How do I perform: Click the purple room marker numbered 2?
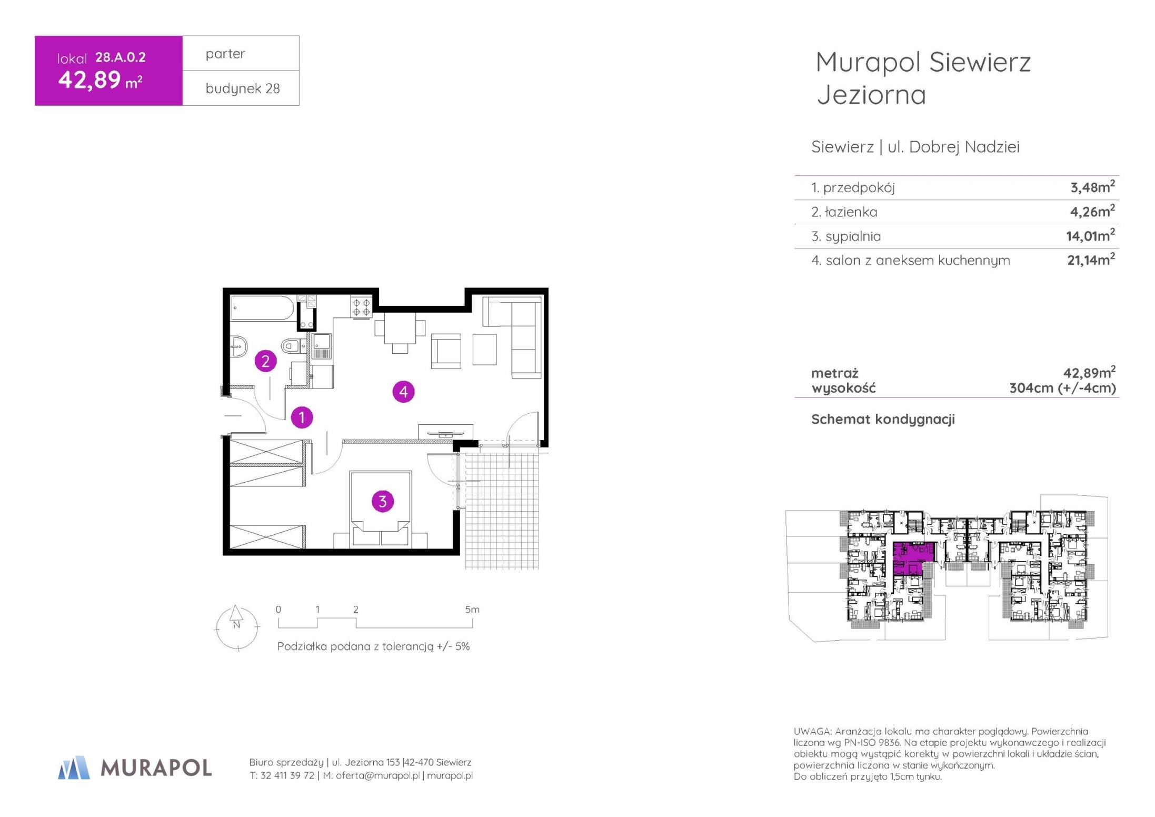pyautogui.click(x=265, y=361)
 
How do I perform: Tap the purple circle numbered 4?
pyautogui.click(x=404, y=391)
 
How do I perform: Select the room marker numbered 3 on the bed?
pyautogui.click(x=383, y=501)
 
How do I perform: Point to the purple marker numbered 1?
pyautogui.click(x=302, y=417)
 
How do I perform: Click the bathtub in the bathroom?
pyautogui.click(x=263, y=308)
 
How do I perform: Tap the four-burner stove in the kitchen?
pyautogui.click(x=362, y=307)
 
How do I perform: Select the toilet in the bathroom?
pyautogui.click(x=290, y=346)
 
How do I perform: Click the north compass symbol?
pyautogui.click(x=237, y=627)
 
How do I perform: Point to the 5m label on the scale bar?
pyautogui.click(x=472, y=609)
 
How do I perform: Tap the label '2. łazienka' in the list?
pyautogui.click(x=844, y=212)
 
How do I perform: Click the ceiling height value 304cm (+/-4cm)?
pyautogui.click(x=1062, y=388)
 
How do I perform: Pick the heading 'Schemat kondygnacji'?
pyautogui.click(x=883, y=419)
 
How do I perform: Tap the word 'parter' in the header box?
pyautogui.click(x=225, y=54)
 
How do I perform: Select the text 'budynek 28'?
pyautogui.click(x=243, y=88)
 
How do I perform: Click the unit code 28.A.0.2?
pyautogui.click(x=121, y=57)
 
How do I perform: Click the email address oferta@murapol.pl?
pyautogui.click(x=377, y=775)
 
